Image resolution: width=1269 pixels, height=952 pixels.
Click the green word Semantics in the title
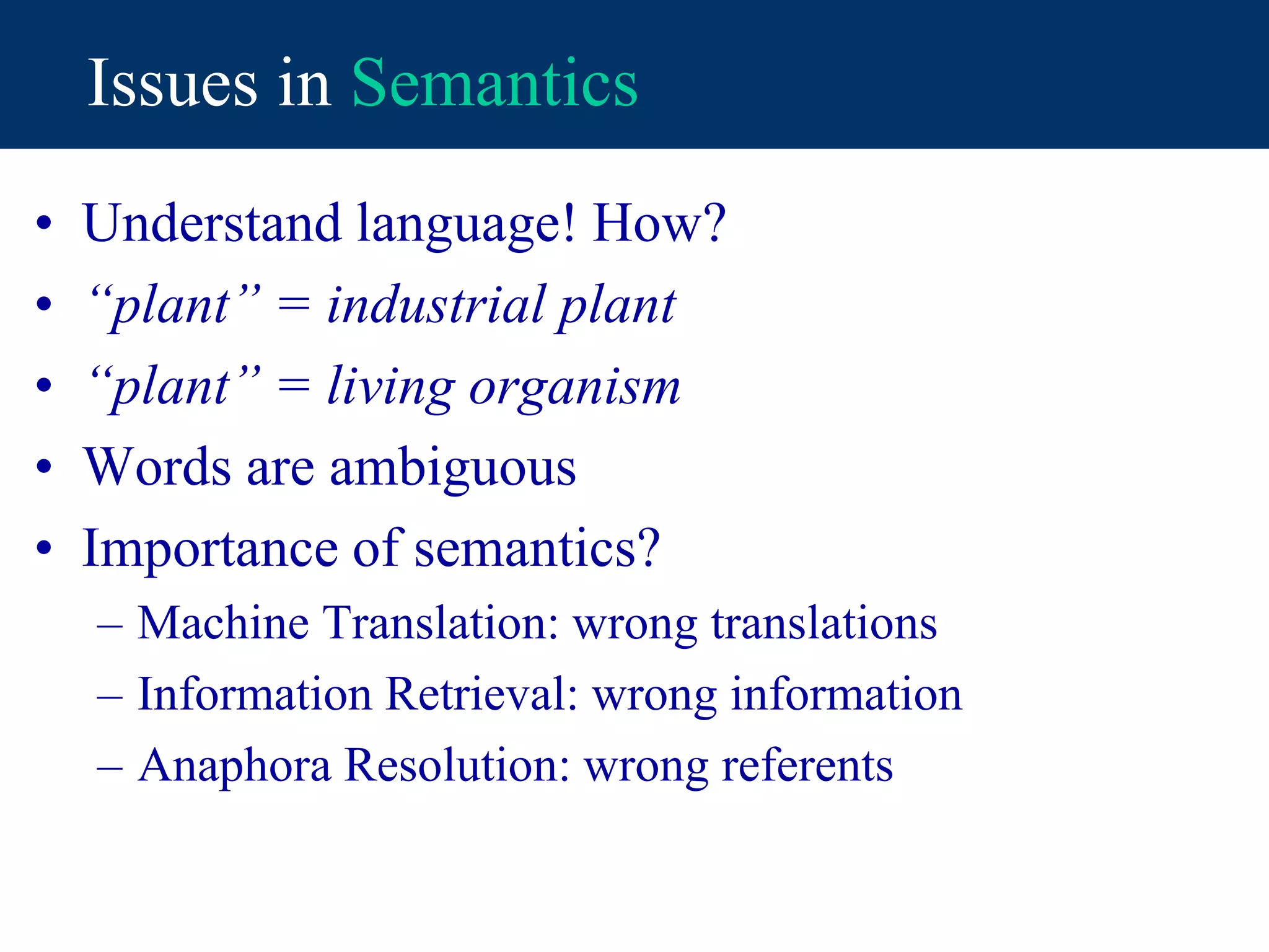[x=494, y=83]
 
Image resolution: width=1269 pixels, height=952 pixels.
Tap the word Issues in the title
[x=172, y=83]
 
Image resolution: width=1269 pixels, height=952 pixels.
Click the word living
[x=390, y=387]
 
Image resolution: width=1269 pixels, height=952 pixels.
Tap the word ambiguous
[x=452, y=468]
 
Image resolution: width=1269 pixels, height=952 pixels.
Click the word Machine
[x=222, y=623]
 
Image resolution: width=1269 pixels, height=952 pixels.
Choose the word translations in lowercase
[x=823, y=623]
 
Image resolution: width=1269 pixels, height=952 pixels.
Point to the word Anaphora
[x=234, y=766]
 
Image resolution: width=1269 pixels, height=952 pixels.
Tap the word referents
[x=807, y=766]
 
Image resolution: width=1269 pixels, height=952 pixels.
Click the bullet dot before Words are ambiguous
[x=43, y=467]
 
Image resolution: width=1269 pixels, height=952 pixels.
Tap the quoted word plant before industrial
[x=172, y=306]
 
